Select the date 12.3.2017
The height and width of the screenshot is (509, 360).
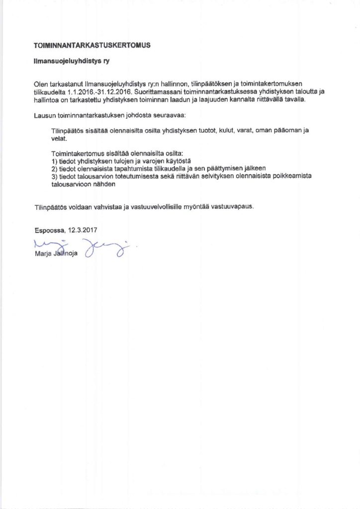click(x=83, y=231)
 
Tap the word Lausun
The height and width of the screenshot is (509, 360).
click(x=43, y=115)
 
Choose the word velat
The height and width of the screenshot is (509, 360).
click(x=59, y=139)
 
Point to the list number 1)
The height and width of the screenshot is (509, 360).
click(x=55, y=162)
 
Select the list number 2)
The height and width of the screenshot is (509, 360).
click(x=55, y=169)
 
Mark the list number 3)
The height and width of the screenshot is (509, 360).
click(x=55, y=176)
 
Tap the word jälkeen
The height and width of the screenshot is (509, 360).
click(x=253, y=169)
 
